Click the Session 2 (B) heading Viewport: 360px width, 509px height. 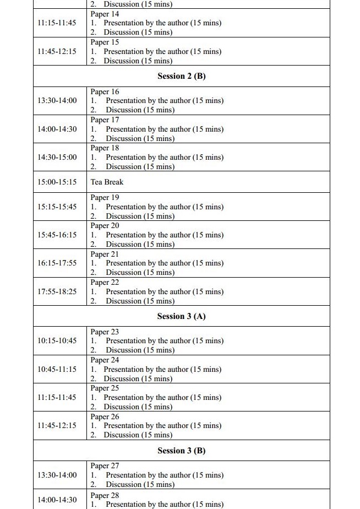[x=181, y=76]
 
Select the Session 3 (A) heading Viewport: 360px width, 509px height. [x=181, y=316]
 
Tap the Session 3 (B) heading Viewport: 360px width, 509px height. [x=181, y=451]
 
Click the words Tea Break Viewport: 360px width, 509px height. [x=107, y=182]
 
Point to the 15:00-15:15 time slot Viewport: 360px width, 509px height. [x=57, y=182]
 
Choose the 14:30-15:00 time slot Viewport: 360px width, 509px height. [x=57, y=157]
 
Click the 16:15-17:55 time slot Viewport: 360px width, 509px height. [x=57, y=263]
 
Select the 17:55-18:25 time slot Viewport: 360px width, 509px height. [x=57, y=291]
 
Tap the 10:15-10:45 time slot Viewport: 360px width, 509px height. [x=57, y=340]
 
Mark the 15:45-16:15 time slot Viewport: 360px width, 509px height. [x=57, y=235]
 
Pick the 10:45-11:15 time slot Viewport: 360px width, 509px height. [x=57, y=369]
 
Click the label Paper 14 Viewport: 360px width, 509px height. [x=105, y=14]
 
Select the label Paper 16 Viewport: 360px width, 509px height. [x=105, y=91]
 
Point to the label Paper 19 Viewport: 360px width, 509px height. [x=105, y=197]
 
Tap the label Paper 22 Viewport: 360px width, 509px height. [x=105, y=282]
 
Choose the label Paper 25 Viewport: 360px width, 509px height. [x=105, y=388]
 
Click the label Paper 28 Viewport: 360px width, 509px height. [x=105, y=495]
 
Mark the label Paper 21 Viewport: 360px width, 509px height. [x=105, y=254]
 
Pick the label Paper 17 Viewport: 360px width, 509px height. [x=105, y=120]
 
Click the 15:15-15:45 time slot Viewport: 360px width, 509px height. [x=57, y=207]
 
